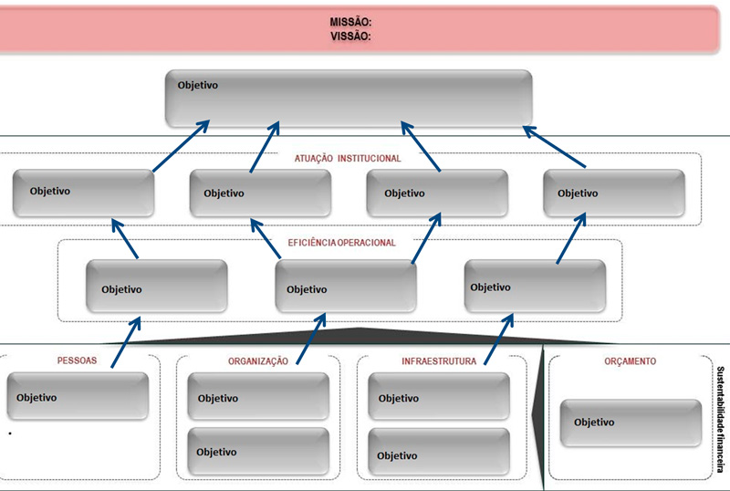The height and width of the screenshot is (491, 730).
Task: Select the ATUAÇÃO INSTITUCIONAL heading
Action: coord(348,158)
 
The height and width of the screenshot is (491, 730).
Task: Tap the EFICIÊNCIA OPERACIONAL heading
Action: coord(341,243)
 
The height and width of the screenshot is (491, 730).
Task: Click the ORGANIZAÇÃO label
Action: coord(258,361)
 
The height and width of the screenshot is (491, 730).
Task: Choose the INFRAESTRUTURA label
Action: coord(438,361)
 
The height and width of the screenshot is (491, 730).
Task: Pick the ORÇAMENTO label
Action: coord(630,361)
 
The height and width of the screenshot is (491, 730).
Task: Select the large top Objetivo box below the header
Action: coord(349,99)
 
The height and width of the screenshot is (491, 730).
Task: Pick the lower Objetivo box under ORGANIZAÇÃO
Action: coord(258,451)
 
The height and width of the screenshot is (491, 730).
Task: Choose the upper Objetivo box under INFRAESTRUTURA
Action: coord(439,398)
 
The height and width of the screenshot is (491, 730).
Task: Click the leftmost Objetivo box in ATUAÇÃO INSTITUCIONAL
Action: coord(84,192)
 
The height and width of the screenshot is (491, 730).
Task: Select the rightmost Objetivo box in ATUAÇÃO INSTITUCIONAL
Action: coord(613,193)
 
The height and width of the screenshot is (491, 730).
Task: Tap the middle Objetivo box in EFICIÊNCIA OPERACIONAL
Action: coord(346,288)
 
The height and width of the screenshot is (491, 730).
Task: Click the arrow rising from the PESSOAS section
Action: coord(126,342)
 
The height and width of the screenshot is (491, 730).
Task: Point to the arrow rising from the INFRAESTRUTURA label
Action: coord(496,342)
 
